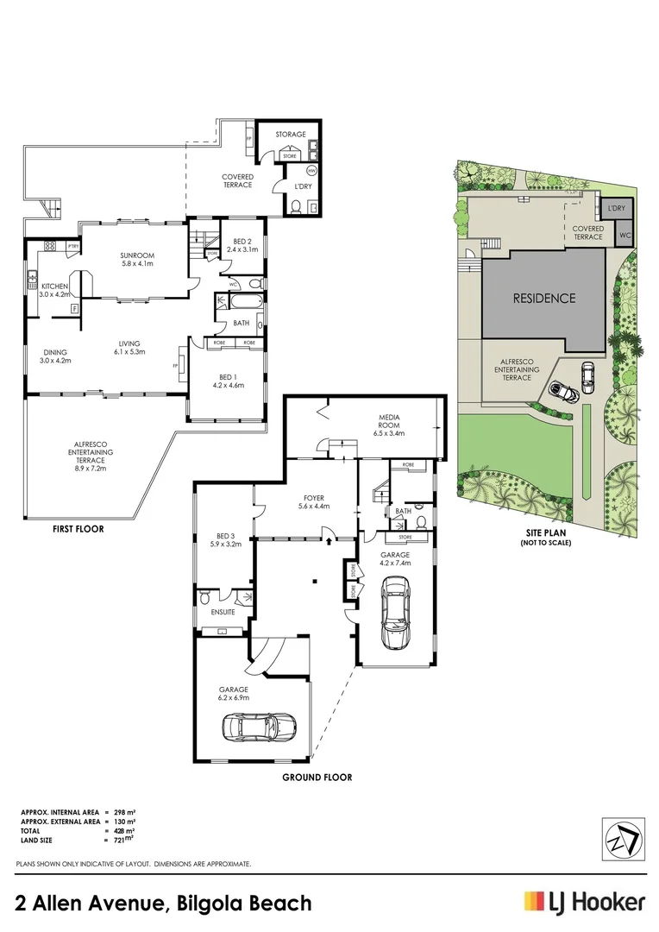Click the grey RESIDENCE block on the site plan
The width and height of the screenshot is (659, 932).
pos(543,299)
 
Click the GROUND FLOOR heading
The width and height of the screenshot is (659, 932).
pos(317,777)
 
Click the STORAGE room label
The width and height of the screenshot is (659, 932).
pos(291,135)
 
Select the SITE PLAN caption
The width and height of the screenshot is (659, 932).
pos(545,534)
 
